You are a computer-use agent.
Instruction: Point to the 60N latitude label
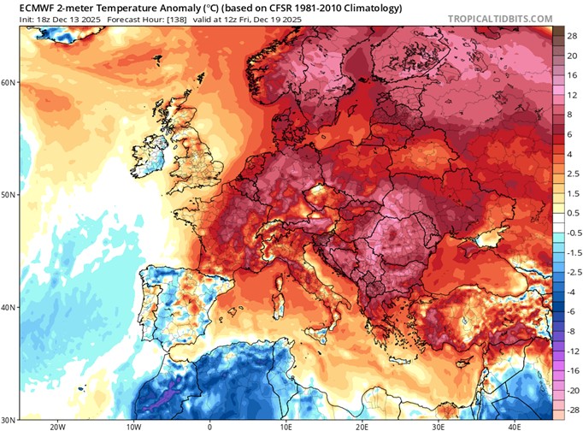[x=9, y=83]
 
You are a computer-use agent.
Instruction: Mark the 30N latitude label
[x=9, y=418]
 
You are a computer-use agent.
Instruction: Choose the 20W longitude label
[x=57, y=425]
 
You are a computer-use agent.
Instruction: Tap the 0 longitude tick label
[x=209, y=425]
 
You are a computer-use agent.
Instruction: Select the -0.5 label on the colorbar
[x=568, y=232]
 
